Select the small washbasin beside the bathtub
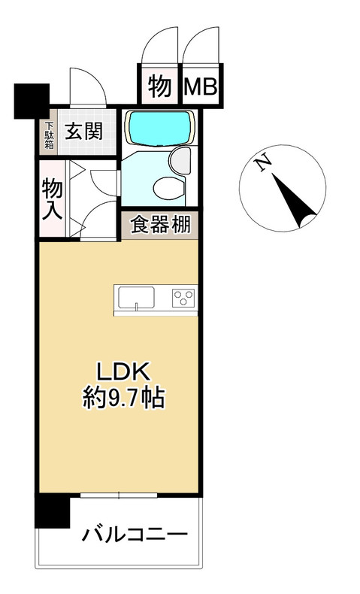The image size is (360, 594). point(180,159)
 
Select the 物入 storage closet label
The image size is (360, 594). point(52,198)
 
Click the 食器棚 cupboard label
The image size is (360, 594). point(159,225)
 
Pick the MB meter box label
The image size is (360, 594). point(201,86)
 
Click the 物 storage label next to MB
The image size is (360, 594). point(158,86)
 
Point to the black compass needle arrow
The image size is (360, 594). point(295,201)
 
